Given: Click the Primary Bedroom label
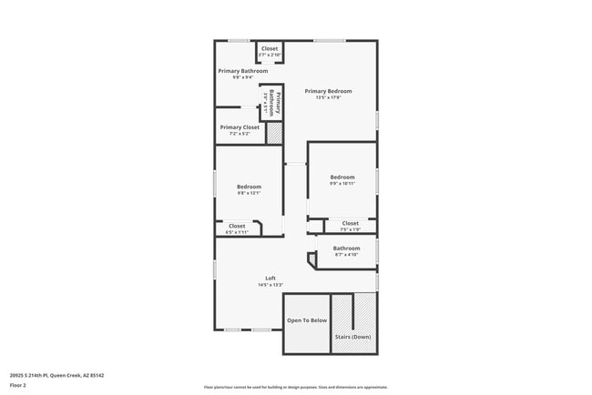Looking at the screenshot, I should click(328, 91).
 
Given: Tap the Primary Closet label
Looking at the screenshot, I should click(240, 127).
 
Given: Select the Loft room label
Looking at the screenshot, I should click(270, 279).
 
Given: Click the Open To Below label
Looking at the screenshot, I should click(307, 320).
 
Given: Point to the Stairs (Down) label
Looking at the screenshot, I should click(352, 336).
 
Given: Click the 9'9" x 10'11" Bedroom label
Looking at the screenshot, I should click(342, 177).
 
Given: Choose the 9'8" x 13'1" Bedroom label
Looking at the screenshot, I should click(250, 187).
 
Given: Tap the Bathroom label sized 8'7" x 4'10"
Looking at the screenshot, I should click(346, 248).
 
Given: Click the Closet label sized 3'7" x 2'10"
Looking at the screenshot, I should click(270, 48).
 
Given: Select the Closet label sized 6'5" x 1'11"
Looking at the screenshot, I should click(237, 226).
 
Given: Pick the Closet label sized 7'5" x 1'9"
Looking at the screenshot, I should click(350, 223).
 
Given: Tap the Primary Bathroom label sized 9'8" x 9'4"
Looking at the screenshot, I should click(242, 71).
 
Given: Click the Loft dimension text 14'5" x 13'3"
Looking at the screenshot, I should click(270, 286).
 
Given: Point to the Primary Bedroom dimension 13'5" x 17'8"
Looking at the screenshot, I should click(328, 97).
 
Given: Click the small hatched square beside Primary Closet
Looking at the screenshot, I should click(273, 133).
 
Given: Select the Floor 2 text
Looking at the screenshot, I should click(19, 384).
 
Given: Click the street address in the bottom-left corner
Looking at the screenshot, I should click(56, 375).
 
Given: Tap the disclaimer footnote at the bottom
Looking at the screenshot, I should click(295, 387).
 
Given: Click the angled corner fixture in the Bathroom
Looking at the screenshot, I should click(313, 260).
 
